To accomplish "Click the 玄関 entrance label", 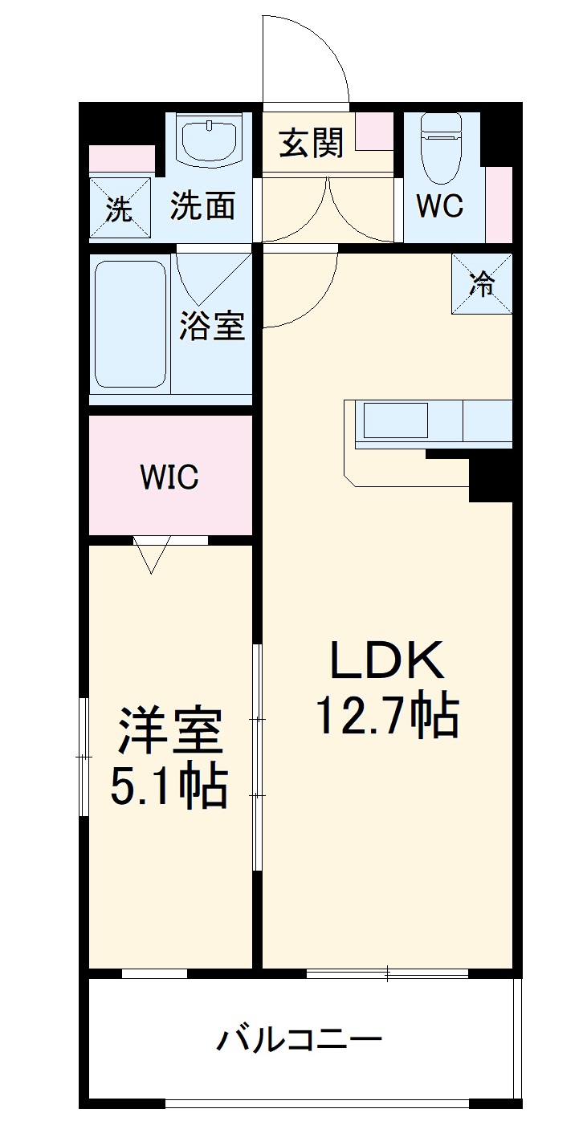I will [312, 144].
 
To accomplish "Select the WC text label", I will [439, 206].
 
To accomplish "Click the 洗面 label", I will [202, 206].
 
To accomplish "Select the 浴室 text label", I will [212, 326].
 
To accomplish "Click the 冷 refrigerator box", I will [482, 284].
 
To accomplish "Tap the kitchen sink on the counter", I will [395, 420].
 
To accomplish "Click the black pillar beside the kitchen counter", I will [490, 479].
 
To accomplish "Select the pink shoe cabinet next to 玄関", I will [374, 132].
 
